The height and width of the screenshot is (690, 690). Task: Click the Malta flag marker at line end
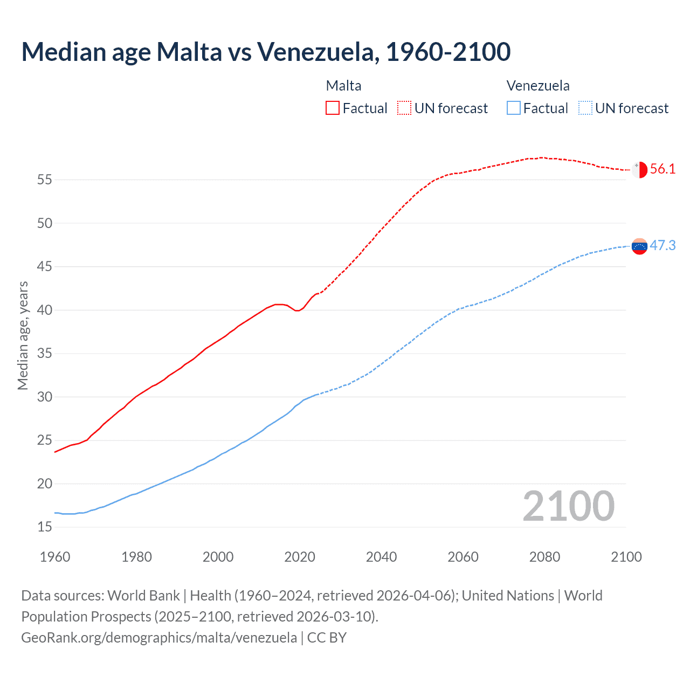pyautogui.click(x=639, y=169)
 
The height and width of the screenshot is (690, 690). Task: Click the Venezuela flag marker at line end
pyautogui.click(x=639, y=246)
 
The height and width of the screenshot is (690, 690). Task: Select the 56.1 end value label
pyautogui.click(x=663, y=169)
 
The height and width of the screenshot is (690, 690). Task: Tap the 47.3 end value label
pyautogui.click(x=663, y=246)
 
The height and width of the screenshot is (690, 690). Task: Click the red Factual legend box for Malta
pyautogui.click(x=333, y=108)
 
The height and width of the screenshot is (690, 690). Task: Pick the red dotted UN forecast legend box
pyautogui.click(x=404, y=108)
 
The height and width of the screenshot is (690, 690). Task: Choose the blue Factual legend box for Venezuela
pyautogui.click(x=514, y=108)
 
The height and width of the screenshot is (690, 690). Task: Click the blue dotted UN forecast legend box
pyautogui.click(x=585, y=108)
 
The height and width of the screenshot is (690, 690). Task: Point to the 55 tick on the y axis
pyautogui.click(x=45, y=180)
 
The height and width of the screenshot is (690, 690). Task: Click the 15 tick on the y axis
pyautogui.click(x=45, y=527)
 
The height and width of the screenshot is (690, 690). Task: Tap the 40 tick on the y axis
pyautogui.click(x=45, y=310)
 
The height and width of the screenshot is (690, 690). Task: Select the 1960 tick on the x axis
pyautogui.click(x=55, y=557)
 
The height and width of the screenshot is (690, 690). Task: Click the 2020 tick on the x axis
pyautogui.click(x=300, y=557)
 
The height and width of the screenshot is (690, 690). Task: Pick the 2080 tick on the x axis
pyautogui.click(x=544, y=557)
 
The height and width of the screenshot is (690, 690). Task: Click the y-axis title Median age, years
pyautogui.click(x=23, y=335)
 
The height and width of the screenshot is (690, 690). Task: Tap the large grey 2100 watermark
pyautogui.click(x=569, y=506)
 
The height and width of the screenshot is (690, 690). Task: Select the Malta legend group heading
pyautogui.click(x=343, y=86)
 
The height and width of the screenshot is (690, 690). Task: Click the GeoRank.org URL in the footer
pyautogui.click(x=159, y=638)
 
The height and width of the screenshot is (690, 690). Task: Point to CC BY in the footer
pyautogui.click(x=327, y=638)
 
